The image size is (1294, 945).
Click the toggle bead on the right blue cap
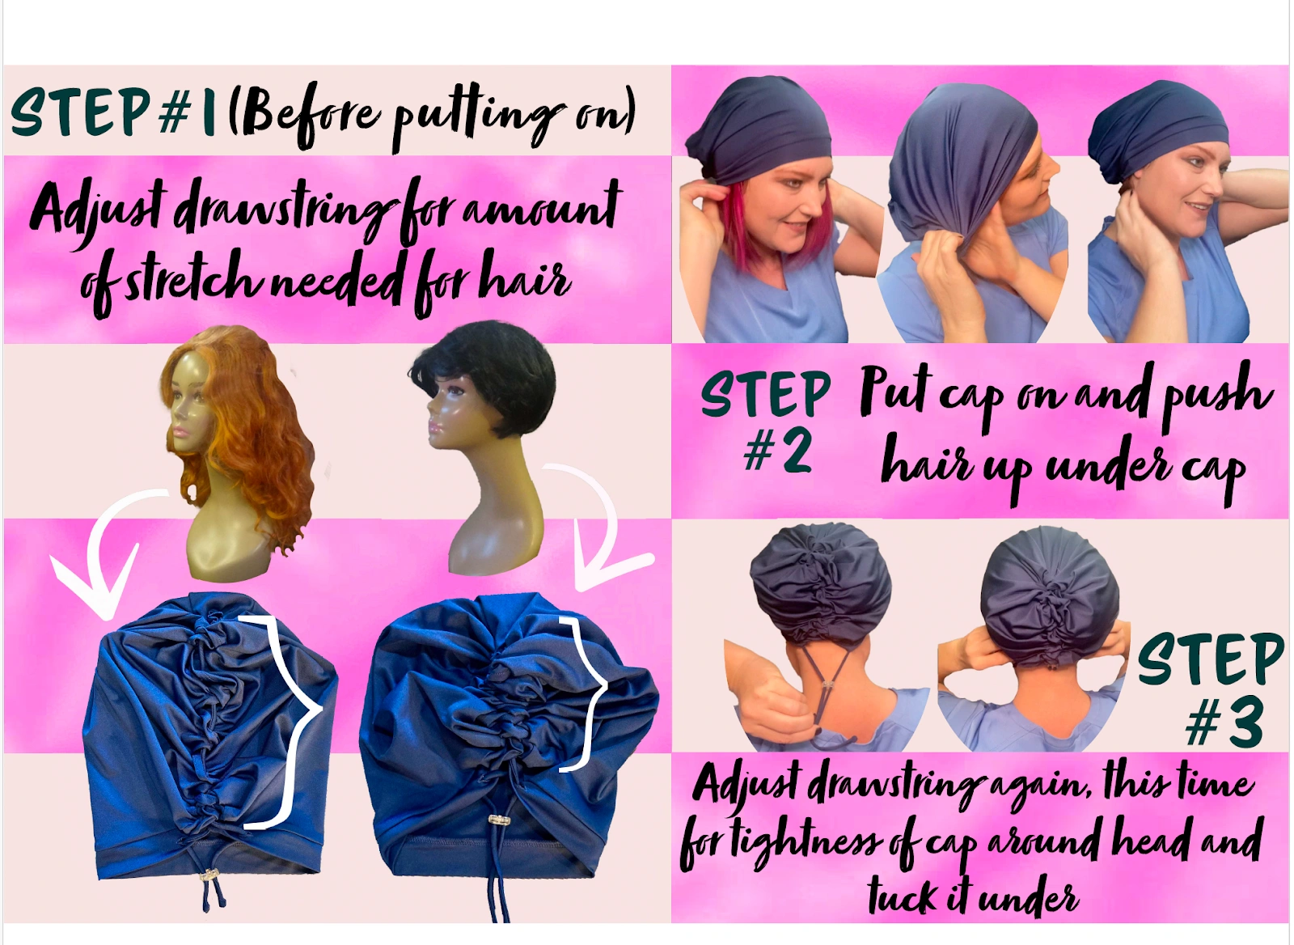(498, 820)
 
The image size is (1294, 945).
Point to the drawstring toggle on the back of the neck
(828, 685)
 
